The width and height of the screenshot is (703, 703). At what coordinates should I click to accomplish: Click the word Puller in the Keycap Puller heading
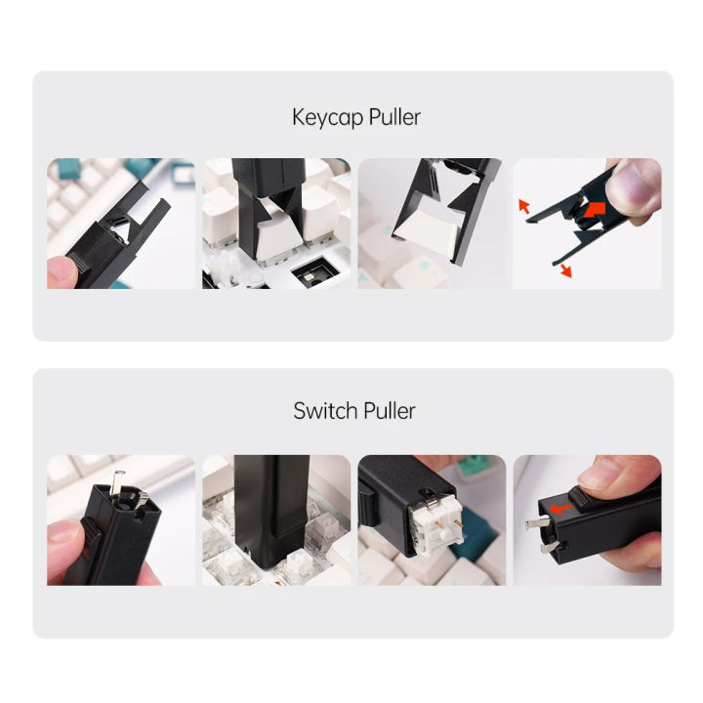point(388,118)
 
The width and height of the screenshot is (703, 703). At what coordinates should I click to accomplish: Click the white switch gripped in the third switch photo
point(432,528)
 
